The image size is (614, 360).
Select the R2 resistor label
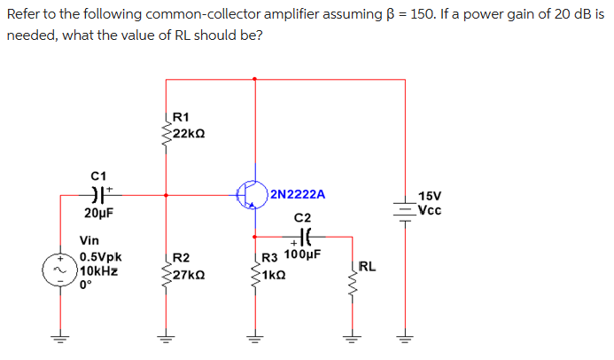point(182,258)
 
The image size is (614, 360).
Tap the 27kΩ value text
point(190,274)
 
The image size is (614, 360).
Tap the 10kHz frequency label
point(100,271)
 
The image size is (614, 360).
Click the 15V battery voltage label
point(430,196)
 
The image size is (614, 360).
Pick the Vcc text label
point(430,210)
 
